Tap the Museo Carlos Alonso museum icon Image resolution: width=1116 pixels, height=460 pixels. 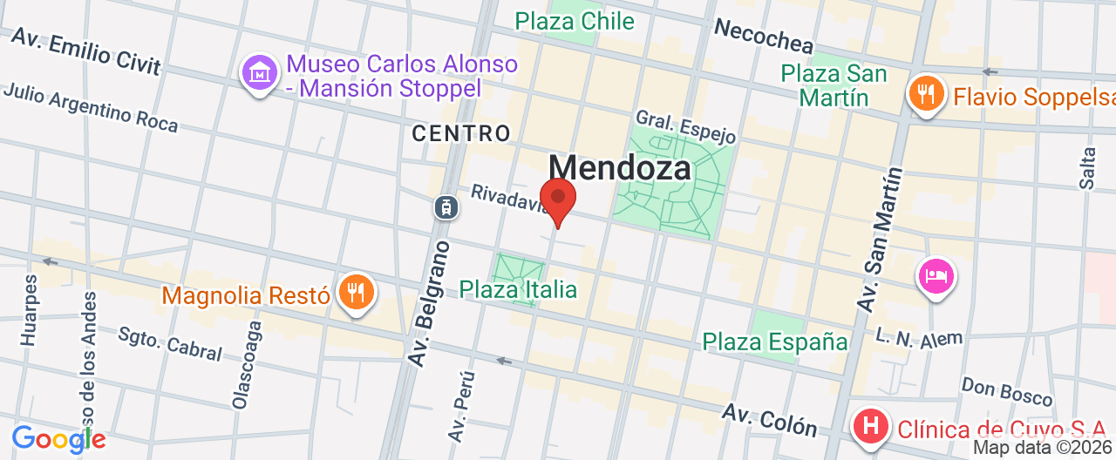click(260, 73)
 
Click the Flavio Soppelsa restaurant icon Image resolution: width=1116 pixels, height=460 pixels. click(926, 93)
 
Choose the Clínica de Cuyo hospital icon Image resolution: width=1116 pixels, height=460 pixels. click(869, 427)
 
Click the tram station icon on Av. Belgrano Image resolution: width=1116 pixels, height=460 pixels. click(446, 206)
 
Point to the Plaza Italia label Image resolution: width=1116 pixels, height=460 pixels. click(518, 288)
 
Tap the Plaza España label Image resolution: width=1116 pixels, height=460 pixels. click(775, 342)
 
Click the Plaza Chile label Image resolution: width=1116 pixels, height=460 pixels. click(575, 21)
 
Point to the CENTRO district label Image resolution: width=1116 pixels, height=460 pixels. click(460, 133)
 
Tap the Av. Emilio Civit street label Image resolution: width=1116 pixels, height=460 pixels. click(87, 52)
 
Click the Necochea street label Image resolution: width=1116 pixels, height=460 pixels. click(763, 36)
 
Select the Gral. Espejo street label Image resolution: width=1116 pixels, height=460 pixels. click(686, 126)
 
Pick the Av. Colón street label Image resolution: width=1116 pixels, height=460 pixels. click(769, 420)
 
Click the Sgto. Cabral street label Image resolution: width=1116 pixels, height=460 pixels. click(170, 342)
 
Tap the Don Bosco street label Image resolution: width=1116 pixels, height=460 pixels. click(1007, 391)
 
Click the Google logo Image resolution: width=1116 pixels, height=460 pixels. click(58, 439)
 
